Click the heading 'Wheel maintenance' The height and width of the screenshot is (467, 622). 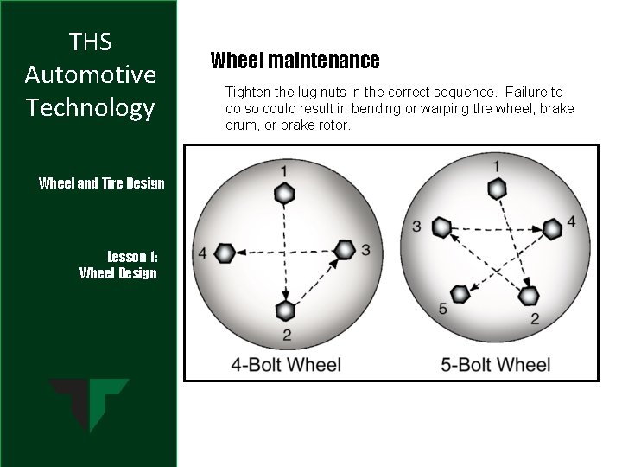pyautogui.click(x=295, y=61)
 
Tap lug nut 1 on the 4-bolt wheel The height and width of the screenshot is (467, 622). pyautogui.click(x=283, y=193)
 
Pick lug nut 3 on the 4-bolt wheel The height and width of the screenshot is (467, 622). pyautogui.click(x=345, y=251)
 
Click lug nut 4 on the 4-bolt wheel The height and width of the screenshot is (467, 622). pyautogui.click(x=225, y=253)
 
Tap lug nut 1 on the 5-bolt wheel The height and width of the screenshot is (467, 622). pyautogui.click(x=496, y=189)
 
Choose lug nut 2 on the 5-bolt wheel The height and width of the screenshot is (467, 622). pyautogui.click(x=528, y=297)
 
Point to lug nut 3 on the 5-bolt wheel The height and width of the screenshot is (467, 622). pyautogui.click(x=441, y=228)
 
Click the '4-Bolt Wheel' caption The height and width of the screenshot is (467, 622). pyautogui.click(x=286, y=364)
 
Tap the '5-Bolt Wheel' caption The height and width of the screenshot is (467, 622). pyautogui.click(x=495, y=364)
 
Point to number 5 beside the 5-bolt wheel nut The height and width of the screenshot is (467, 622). pyautogui.click(x=443, y=309)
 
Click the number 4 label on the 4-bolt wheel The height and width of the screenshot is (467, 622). pyautogui.click(x=202, y=253)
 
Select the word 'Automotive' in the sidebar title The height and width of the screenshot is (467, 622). pyautogui.click(x=90, y=74)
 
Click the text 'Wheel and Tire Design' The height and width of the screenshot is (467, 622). pyautogui.click(x=102, y=183)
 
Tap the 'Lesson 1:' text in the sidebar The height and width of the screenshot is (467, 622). pyautogui.click(x=132, y=257)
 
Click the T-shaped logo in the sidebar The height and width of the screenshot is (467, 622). pyautogui.click(x=89, y=405)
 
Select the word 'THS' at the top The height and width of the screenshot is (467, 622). pyautogui.click(x=90, y=42)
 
